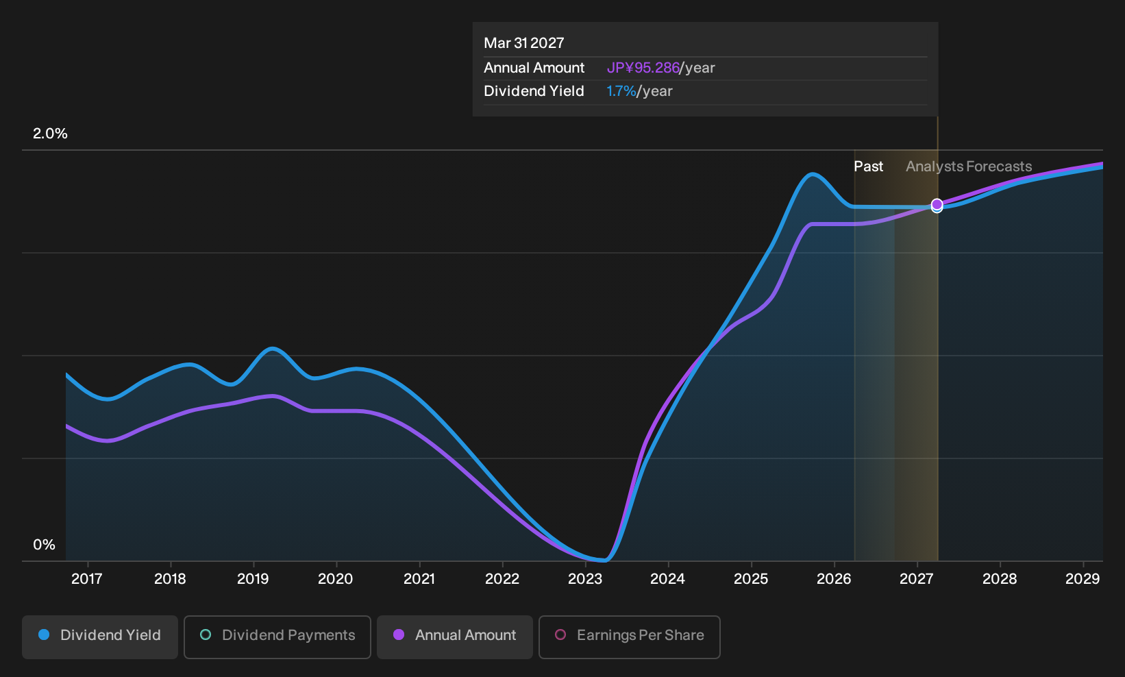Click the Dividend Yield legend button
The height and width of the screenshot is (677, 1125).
(x=100, y=637)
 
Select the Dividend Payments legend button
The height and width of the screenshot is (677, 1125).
(x=277, y=637)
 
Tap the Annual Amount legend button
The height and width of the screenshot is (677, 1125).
(x=454, y=637)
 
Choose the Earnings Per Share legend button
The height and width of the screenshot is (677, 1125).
(x=629, y=637)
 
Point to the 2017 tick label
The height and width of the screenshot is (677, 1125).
(x=87, y=579)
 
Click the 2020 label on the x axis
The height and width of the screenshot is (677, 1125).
(x=336, y=579)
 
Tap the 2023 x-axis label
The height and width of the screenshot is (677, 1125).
(x=585, y=579)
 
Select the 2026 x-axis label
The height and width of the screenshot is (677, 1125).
(x=834, y=579)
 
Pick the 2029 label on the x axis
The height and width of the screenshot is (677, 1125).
(x=1083, y=579)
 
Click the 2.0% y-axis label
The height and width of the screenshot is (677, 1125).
(x=50, y=134)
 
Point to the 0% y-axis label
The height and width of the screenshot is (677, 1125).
(x=45, y=545)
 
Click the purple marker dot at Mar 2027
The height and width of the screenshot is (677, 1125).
(x=937, y=204)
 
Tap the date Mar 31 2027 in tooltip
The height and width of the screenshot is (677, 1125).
(x=524, y=43)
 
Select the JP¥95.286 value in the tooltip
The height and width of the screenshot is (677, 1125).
(x=643, y=68)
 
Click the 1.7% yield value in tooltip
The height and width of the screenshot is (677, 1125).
(x=621, y=91)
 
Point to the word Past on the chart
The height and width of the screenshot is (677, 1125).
(x=868, y=167)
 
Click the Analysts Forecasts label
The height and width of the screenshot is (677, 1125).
(x=969, y=167)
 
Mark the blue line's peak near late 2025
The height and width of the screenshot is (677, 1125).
(x=812, y=174)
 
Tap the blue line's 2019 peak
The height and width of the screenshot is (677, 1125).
(x=272, y=348)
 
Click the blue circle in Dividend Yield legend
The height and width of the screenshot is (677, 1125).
(x=45, y=635)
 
